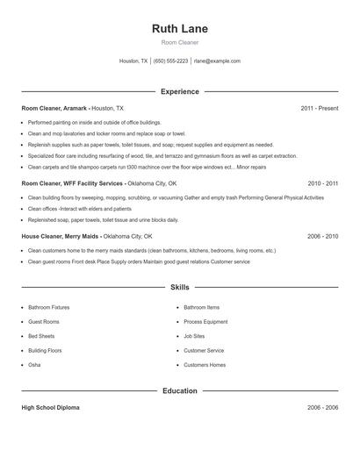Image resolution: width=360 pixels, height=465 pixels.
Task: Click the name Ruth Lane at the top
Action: (180, 28)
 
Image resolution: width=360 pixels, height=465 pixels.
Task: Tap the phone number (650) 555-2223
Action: (171, 61)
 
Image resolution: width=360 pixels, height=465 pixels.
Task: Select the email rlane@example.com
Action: (217, 61)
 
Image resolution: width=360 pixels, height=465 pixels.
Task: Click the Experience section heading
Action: (180, 91)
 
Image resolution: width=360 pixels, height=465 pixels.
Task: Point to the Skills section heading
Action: (180, 288)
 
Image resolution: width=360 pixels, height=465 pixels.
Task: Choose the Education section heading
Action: (180, 390)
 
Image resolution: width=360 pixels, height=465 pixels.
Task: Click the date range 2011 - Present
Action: (319, 108)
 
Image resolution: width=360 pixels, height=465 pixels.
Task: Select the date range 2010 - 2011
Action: (322, 184)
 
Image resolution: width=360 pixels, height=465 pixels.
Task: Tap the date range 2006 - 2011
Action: (322, 236)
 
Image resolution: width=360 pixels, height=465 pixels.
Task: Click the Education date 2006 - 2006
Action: (322, 408)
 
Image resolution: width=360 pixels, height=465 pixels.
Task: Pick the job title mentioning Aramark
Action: (54, 108)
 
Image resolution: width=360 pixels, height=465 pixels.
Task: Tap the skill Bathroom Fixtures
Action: (50, 308)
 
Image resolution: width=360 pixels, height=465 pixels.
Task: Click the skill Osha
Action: (34, 365)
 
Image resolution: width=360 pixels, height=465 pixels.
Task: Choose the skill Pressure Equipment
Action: (205, 322)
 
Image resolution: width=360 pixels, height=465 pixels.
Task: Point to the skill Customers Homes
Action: (205, 365)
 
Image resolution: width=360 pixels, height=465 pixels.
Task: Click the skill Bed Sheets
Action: (41, 336)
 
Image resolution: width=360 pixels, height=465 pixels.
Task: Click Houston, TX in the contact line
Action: (133, 61)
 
